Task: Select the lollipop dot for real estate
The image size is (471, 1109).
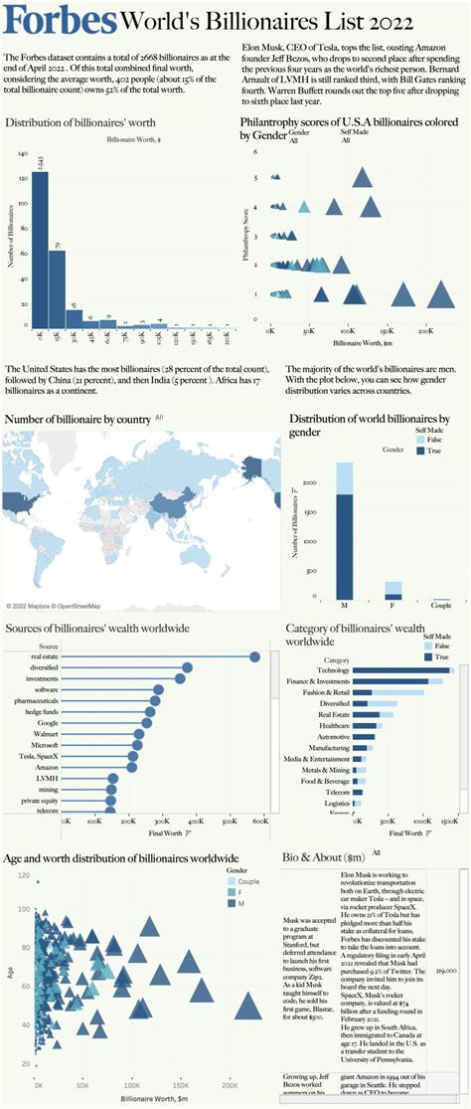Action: (x=255, y=656)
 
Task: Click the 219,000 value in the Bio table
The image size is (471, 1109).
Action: (x=445, y=968)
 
